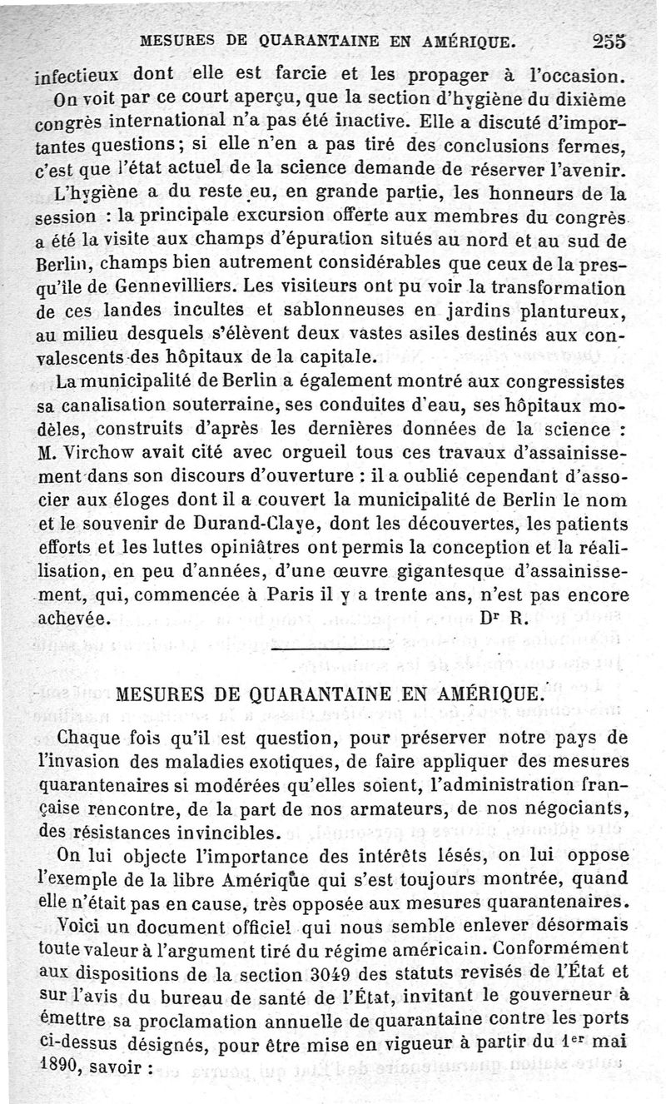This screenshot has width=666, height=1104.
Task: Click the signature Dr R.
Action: click(499, 619)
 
